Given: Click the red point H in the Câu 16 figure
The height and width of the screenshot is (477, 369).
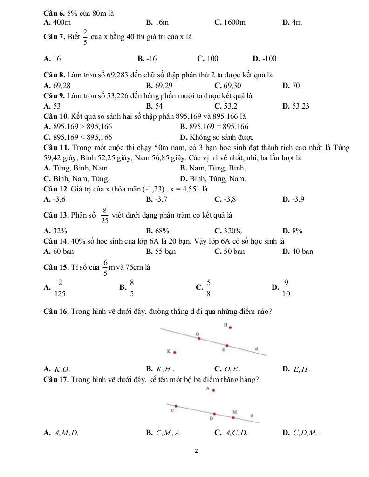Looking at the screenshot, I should pyautogui.click(x=230, y=327).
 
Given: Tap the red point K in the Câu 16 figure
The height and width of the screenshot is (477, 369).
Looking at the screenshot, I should pyautogui.click(x=175, y=352).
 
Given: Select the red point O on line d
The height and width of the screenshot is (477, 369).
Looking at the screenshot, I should pyautogui.click(x=199, y=339).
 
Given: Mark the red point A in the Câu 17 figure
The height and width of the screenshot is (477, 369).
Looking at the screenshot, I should pyautogui.click(x=214, y=391).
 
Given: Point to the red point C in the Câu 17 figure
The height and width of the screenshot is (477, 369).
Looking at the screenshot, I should pyautogui.click(x=176, y=406).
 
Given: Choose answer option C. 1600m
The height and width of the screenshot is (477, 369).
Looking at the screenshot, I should pyautogui.click(x=230, y=22).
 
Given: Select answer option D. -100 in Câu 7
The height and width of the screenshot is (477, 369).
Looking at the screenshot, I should pyautogui.click(x=264, y=58).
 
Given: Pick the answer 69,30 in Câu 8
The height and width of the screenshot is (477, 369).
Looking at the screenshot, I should pyautogui.click(x=228, y=85).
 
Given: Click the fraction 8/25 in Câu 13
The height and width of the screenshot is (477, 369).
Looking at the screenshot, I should pyautogui.click(x=105, y=215).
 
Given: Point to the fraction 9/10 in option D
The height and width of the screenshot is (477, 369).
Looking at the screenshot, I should pyautogui.click(x=286, y=288).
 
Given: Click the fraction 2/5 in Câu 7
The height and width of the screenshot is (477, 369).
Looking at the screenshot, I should pyautogui.click(x=85, y=37).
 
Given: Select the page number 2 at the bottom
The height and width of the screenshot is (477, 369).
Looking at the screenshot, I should pyautogui.click(x=196, y=451).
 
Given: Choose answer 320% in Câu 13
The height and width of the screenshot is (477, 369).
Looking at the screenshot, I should pyautogui.click(x=228, y=231).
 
